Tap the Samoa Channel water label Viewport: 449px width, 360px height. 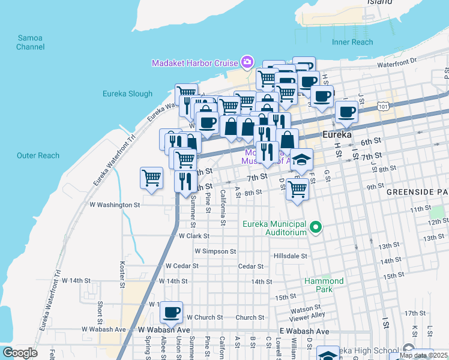tap(30, 42)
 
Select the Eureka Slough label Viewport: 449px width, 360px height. tap(127, 94)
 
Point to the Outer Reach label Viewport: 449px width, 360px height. tap(38, 155)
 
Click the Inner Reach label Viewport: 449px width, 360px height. tap(352, 42)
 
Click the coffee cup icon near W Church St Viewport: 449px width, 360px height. tap(172, 311)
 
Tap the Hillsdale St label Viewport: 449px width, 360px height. tap(291, 256)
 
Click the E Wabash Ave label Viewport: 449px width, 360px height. tap(304, 331)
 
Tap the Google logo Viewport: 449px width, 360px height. tap(20, 353)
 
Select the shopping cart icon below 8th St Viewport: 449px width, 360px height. tap(298, 189)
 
